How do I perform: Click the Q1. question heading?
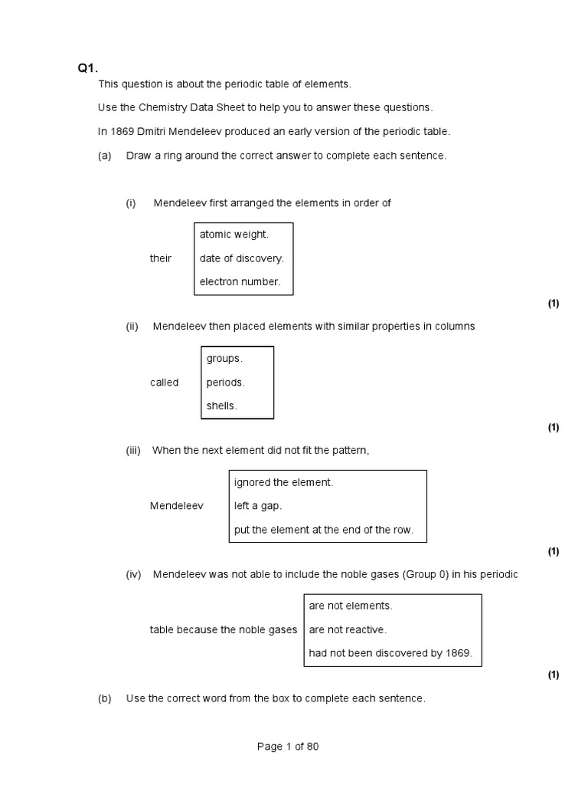pyautogui.click(x=88, y=68)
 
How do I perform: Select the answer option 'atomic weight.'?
pyautogui.click(x=234, y=235)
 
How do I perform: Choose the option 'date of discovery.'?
pyautogui.click(x=241, y=258)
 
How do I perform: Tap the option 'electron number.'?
pyautogui.click(x=240, y=282)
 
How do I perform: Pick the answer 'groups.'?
pyautogui.click(x=224, y=359)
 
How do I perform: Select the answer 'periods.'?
pyautogui.click(x=225, y=383)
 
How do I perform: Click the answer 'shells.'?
pyautogui.click(x=221, y=406)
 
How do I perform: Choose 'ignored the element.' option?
pyautogui.click(x=283, y=482)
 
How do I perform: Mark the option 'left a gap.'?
pyautogui.click(x=258, y=506)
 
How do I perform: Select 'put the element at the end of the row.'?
pyautogui.click(x=323, y=530)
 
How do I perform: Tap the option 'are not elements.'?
pyautogui.click(x=351, y=606)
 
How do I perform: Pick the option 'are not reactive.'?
pyautogui.click(x=348, y=630)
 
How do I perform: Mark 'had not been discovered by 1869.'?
pyautogui.click(x=390, y=654)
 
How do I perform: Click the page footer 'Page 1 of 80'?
pyautogui.click(x=288, y=747)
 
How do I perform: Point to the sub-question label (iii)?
pyautogui.click(x=133, y=451)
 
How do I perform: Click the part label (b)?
pyautogui.click(x=105, y=698)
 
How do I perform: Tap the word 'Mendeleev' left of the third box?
pyautogui.click(x=177, y=506)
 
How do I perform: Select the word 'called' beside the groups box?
pyautogui.click(x=164, y=383)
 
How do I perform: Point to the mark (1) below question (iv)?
pyautogui.click(x=554, y=675)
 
